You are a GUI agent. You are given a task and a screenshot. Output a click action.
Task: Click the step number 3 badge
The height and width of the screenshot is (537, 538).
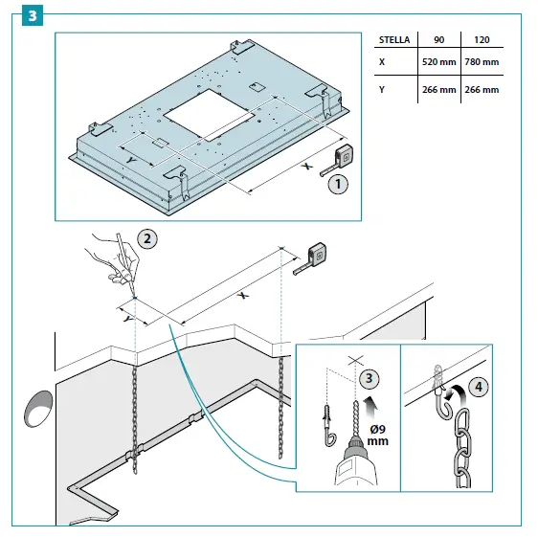[x=33, y=15]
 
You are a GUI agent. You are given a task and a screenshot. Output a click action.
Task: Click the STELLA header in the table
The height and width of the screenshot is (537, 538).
[x=394, y=40]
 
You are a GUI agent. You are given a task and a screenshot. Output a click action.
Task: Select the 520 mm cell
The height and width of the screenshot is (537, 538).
[x=438, y=62]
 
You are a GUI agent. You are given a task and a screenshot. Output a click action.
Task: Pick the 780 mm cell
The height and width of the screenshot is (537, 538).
[x=482, y=62]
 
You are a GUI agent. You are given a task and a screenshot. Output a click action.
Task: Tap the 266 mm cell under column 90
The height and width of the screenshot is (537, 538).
[x=438, y=90]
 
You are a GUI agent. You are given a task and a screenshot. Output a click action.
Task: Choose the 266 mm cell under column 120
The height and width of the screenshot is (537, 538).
[x=482, y=90]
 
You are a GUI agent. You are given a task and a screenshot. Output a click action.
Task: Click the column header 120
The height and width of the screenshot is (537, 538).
[x=482, y=40]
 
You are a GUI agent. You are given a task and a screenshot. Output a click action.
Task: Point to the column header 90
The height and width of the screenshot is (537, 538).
[x=438, y=40]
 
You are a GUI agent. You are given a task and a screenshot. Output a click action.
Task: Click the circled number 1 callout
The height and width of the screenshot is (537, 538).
[x=338, y=184]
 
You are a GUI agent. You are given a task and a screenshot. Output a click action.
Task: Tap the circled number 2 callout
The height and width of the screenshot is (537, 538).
[x=147, y=238]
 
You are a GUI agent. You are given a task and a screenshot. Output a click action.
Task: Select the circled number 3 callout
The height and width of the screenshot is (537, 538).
[x=370, y=379]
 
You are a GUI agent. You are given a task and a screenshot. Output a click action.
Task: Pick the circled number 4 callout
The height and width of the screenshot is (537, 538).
[x=479, y=388]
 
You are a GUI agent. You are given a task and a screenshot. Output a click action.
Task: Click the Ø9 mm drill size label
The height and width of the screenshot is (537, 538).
[x=378, y=436]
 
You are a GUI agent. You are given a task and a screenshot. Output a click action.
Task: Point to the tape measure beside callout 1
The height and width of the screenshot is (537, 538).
[x=338, y=160]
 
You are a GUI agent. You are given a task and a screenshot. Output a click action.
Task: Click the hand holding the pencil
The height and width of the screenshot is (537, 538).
[x=114, y=259]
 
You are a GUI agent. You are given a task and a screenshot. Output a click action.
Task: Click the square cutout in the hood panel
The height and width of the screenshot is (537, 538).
[x=209, y=114]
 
